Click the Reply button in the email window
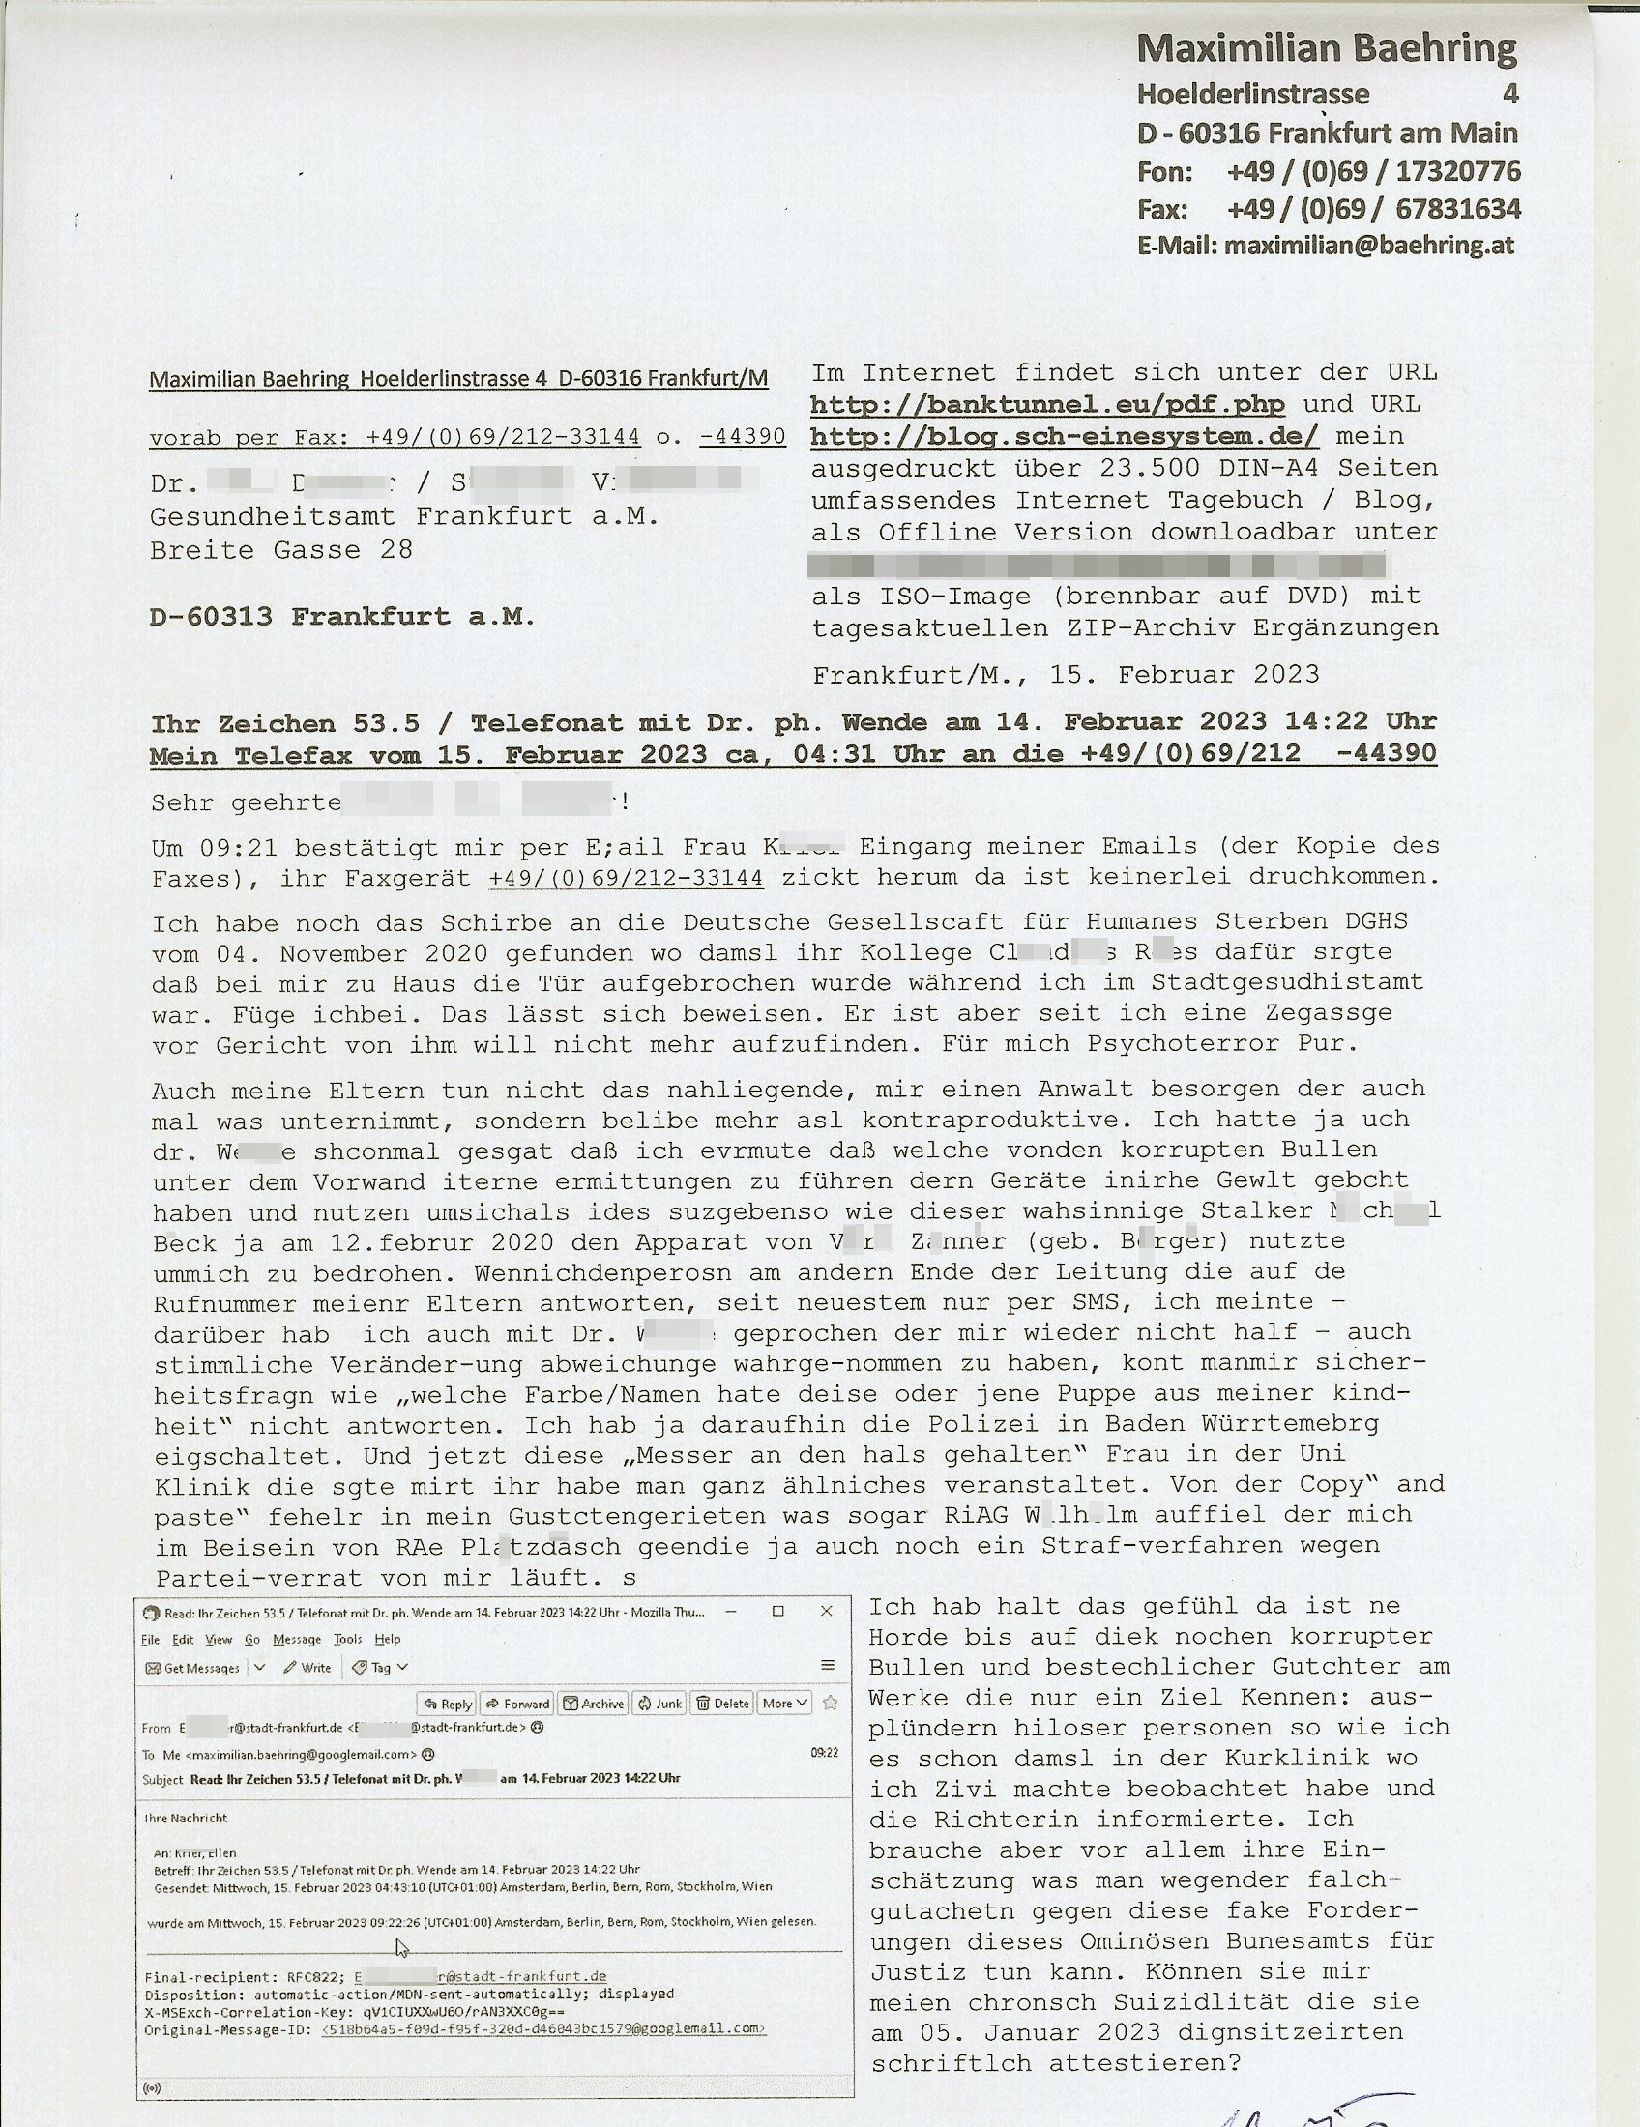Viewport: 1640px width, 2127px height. pyautogui.click(x=448, y=1704)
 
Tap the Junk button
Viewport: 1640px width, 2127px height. pyautogui.click(x=659, y=1704)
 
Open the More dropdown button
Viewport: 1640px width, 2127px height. pyautogui.click(x=785, y=1704)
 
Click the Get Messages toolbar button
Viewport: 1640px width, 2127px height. pyautogui.click(x=192, y=1668)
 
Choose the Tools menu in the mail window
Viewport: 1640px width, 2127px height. pyautogui.click(x=348, y=1639)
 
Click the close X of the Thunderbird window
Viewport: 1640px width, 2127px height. pyautogui.click(x=826, y=1611)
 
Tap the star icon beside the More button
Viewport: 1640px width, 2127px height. pyautogui.click(x=831, y=1704)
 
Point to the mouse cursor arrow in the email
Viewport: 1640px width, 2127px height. pyautogui.click(x=402, y=1947)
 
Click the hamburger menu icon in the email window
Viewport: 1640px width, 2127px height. pyautogui.click(x=828, y=1666)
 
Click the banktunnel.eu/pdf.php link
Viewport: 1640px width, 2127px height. pyautogui.click(x=1047, y=404)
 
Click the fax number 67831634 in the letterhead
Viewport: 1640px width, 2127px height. pyautogui.click(x=1458, y=210)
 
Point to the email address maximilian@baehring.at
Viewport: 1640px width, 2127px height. pyautogui.click(x=1369, y=246)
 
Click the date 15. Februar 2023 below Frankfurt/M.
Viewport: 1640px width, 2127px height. pyautogui.click(x=1185, y=674)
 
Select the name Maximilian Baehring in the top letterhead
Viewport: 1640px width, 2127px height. pyautogui.click(x=1327, y=48)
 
